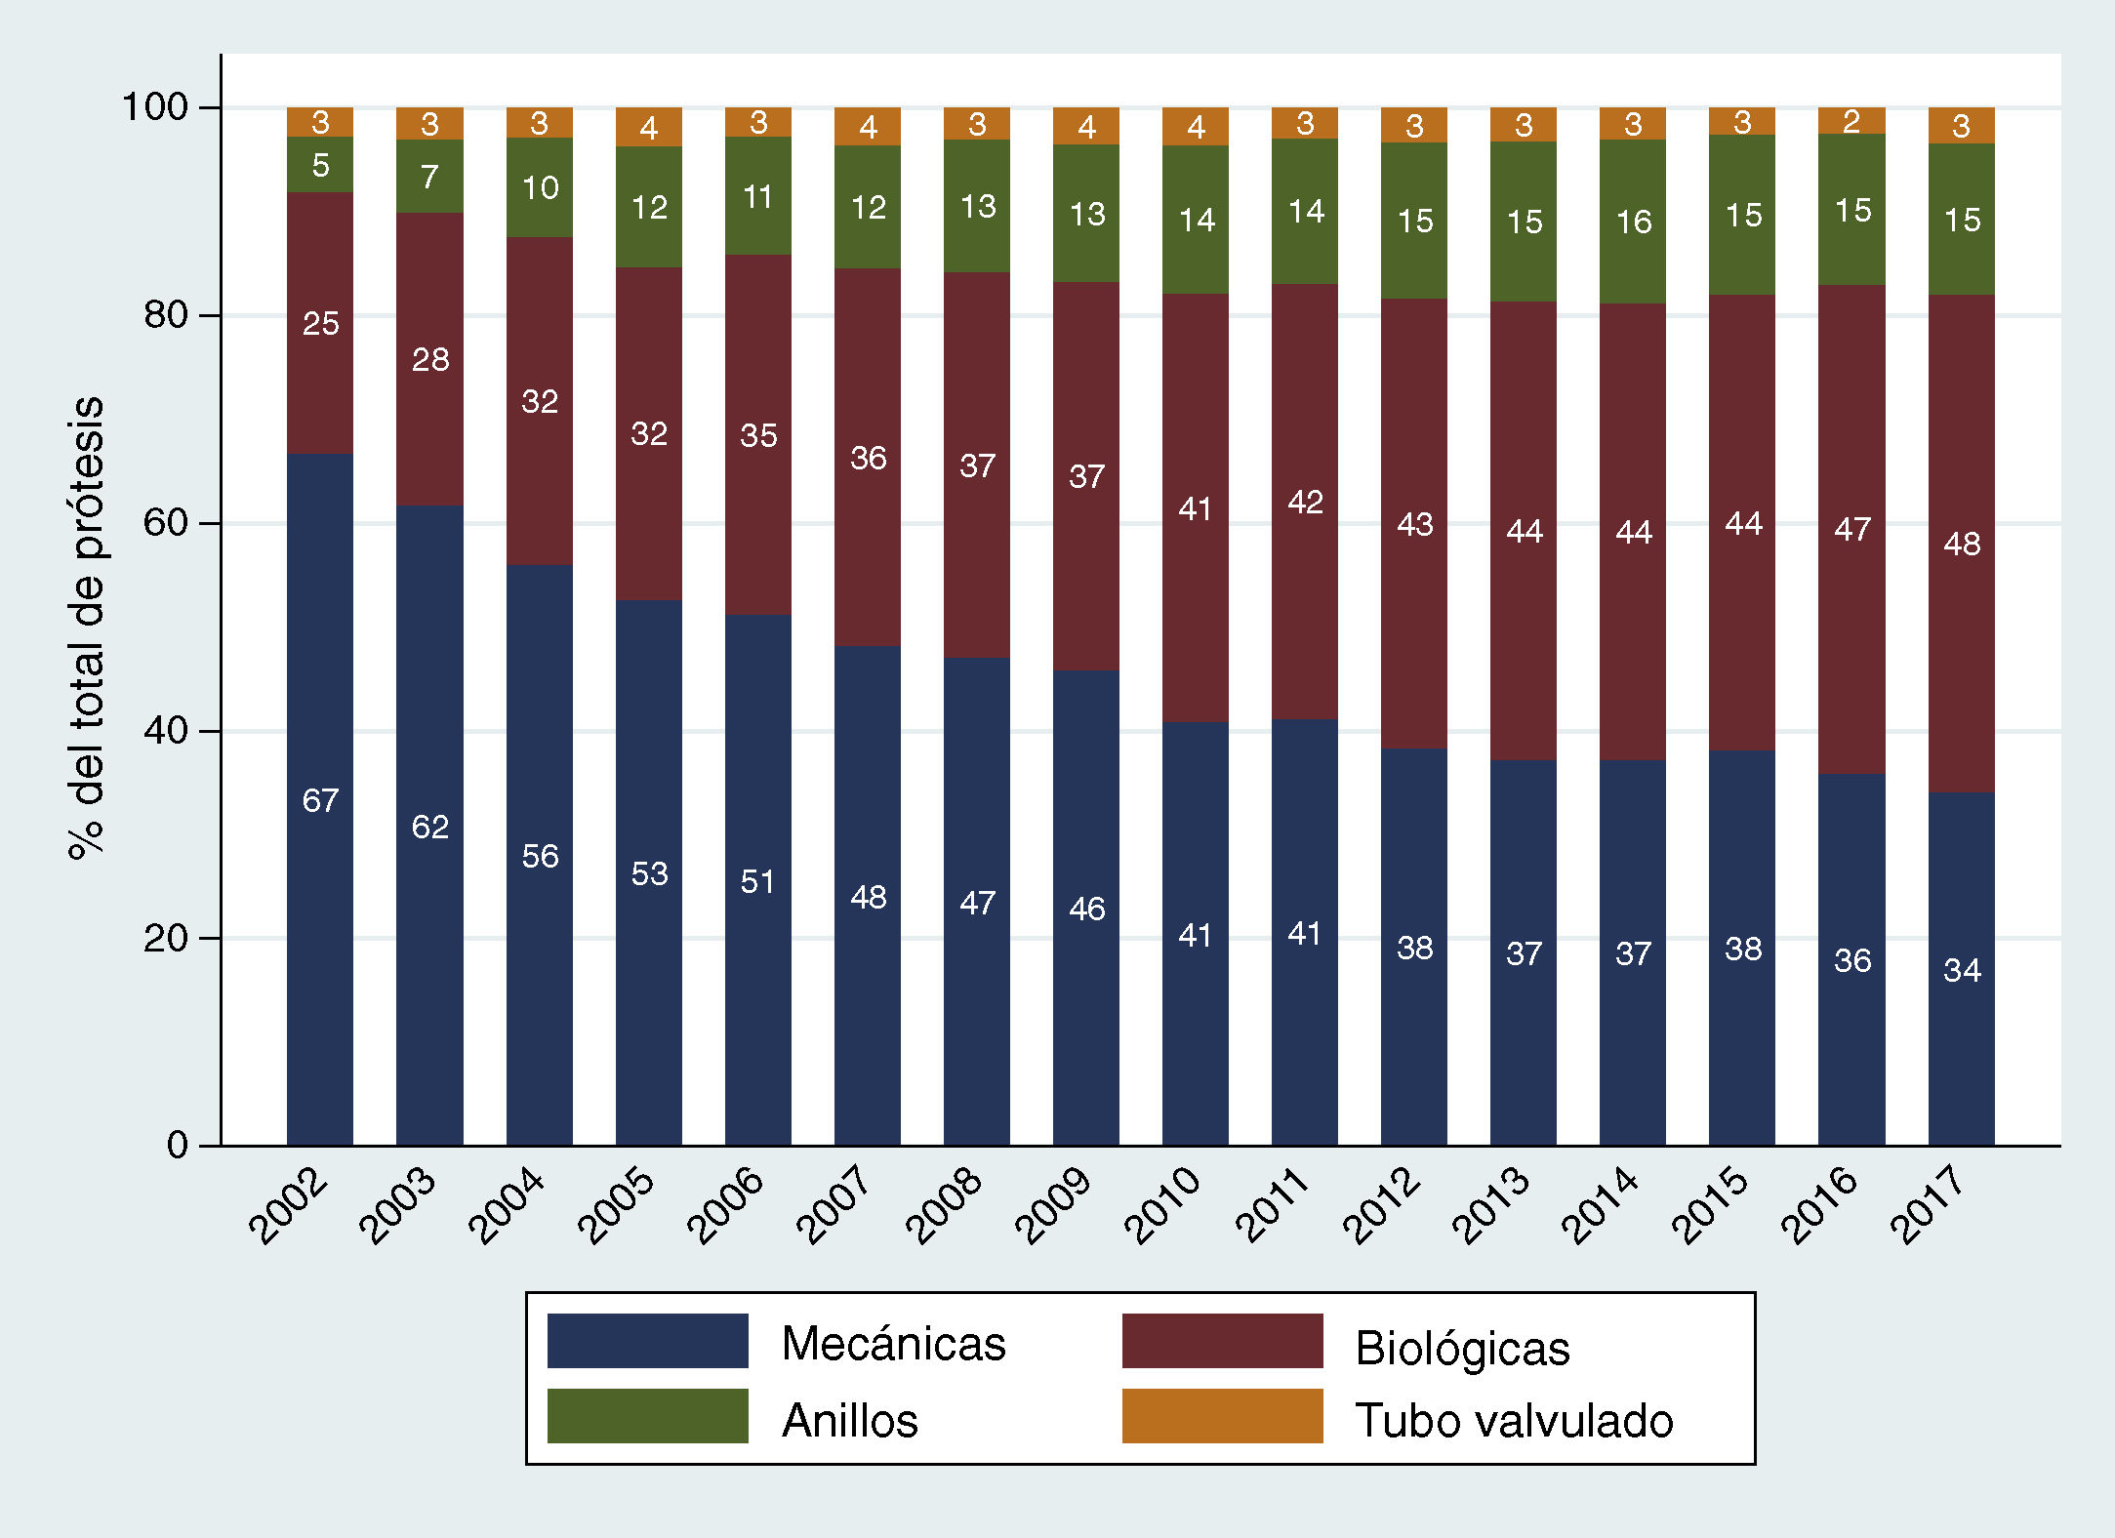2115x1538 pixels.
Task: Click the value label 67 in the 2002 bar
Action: [x=320, y=800]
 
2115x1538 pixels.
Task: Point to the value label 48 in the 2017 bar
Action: [x=1962, y=544]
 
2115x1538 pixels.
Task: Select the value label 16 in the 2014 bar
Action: [x=1634, y=223]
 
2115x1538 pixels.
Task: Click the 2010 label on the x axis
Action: [x=1162, y=1205]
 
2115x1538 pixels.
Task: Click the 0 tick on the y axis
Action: [x=178, y=1145]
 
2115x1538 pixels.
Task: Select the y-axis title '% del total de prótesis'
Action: [x=86, y=627]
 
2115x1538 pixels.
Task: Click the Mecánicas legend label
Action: [x=893, y=1344]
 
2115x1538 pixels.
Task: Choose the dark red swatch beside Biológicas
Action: [x=1222, y=1341]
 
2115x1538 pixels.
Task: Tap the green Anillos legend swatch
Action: [x=647, y=1416]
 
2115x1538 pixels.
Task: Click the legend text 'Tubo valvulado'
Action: [x=1514, y=1421]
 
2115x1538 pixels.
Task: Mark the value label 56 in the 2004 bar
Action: [x=540, y=856]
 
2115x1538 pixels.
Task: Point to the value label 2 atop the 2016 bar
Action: [x=1851, y=121]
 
